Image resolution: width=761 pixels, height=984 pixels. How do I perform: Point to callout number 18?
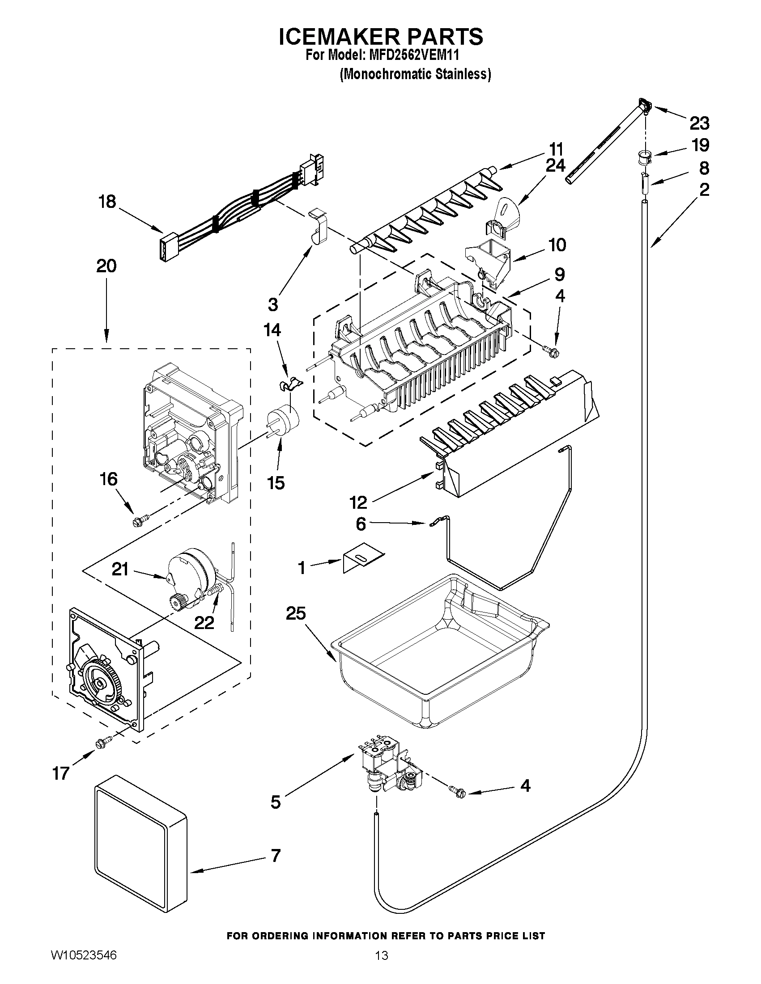click(107, 202)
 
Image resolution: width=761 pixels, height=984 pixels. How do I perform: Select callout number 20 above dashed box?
click(106, 266)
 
